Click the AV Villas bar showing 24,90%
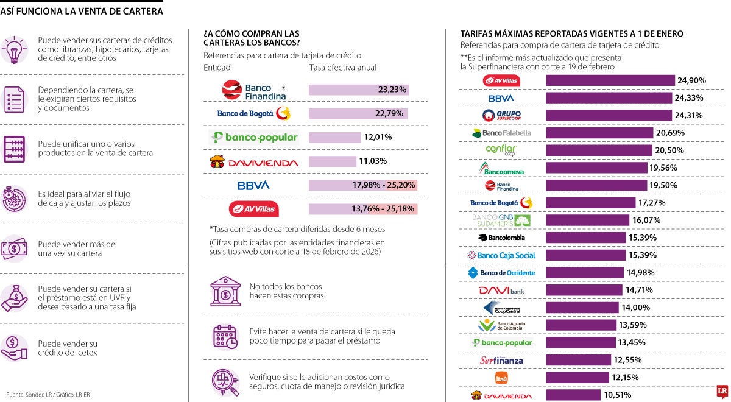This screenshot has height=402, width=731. [610, 80]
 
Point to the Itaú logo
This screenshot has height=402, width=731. [501, 378]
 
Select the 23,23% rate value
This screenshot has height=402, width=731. [392, 90]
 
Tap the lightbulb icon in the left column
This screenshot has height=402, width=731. [13, 49]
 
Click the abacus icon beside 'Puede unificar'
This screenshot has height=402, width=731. [13, 149]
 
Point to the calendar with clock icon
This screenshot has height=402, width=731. [225, 336]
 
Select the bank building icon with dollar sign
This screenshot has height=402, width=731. [225, 291]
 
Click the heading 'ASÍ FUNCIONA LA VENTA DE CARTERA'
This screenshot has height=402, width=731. [82, 11]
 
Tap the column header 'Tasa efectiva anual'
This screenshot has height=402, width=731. [342, 68]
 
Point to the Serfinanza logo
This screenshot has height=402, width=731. [501, 360]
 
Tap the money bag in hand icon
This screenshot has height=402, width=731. [13, 298]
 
